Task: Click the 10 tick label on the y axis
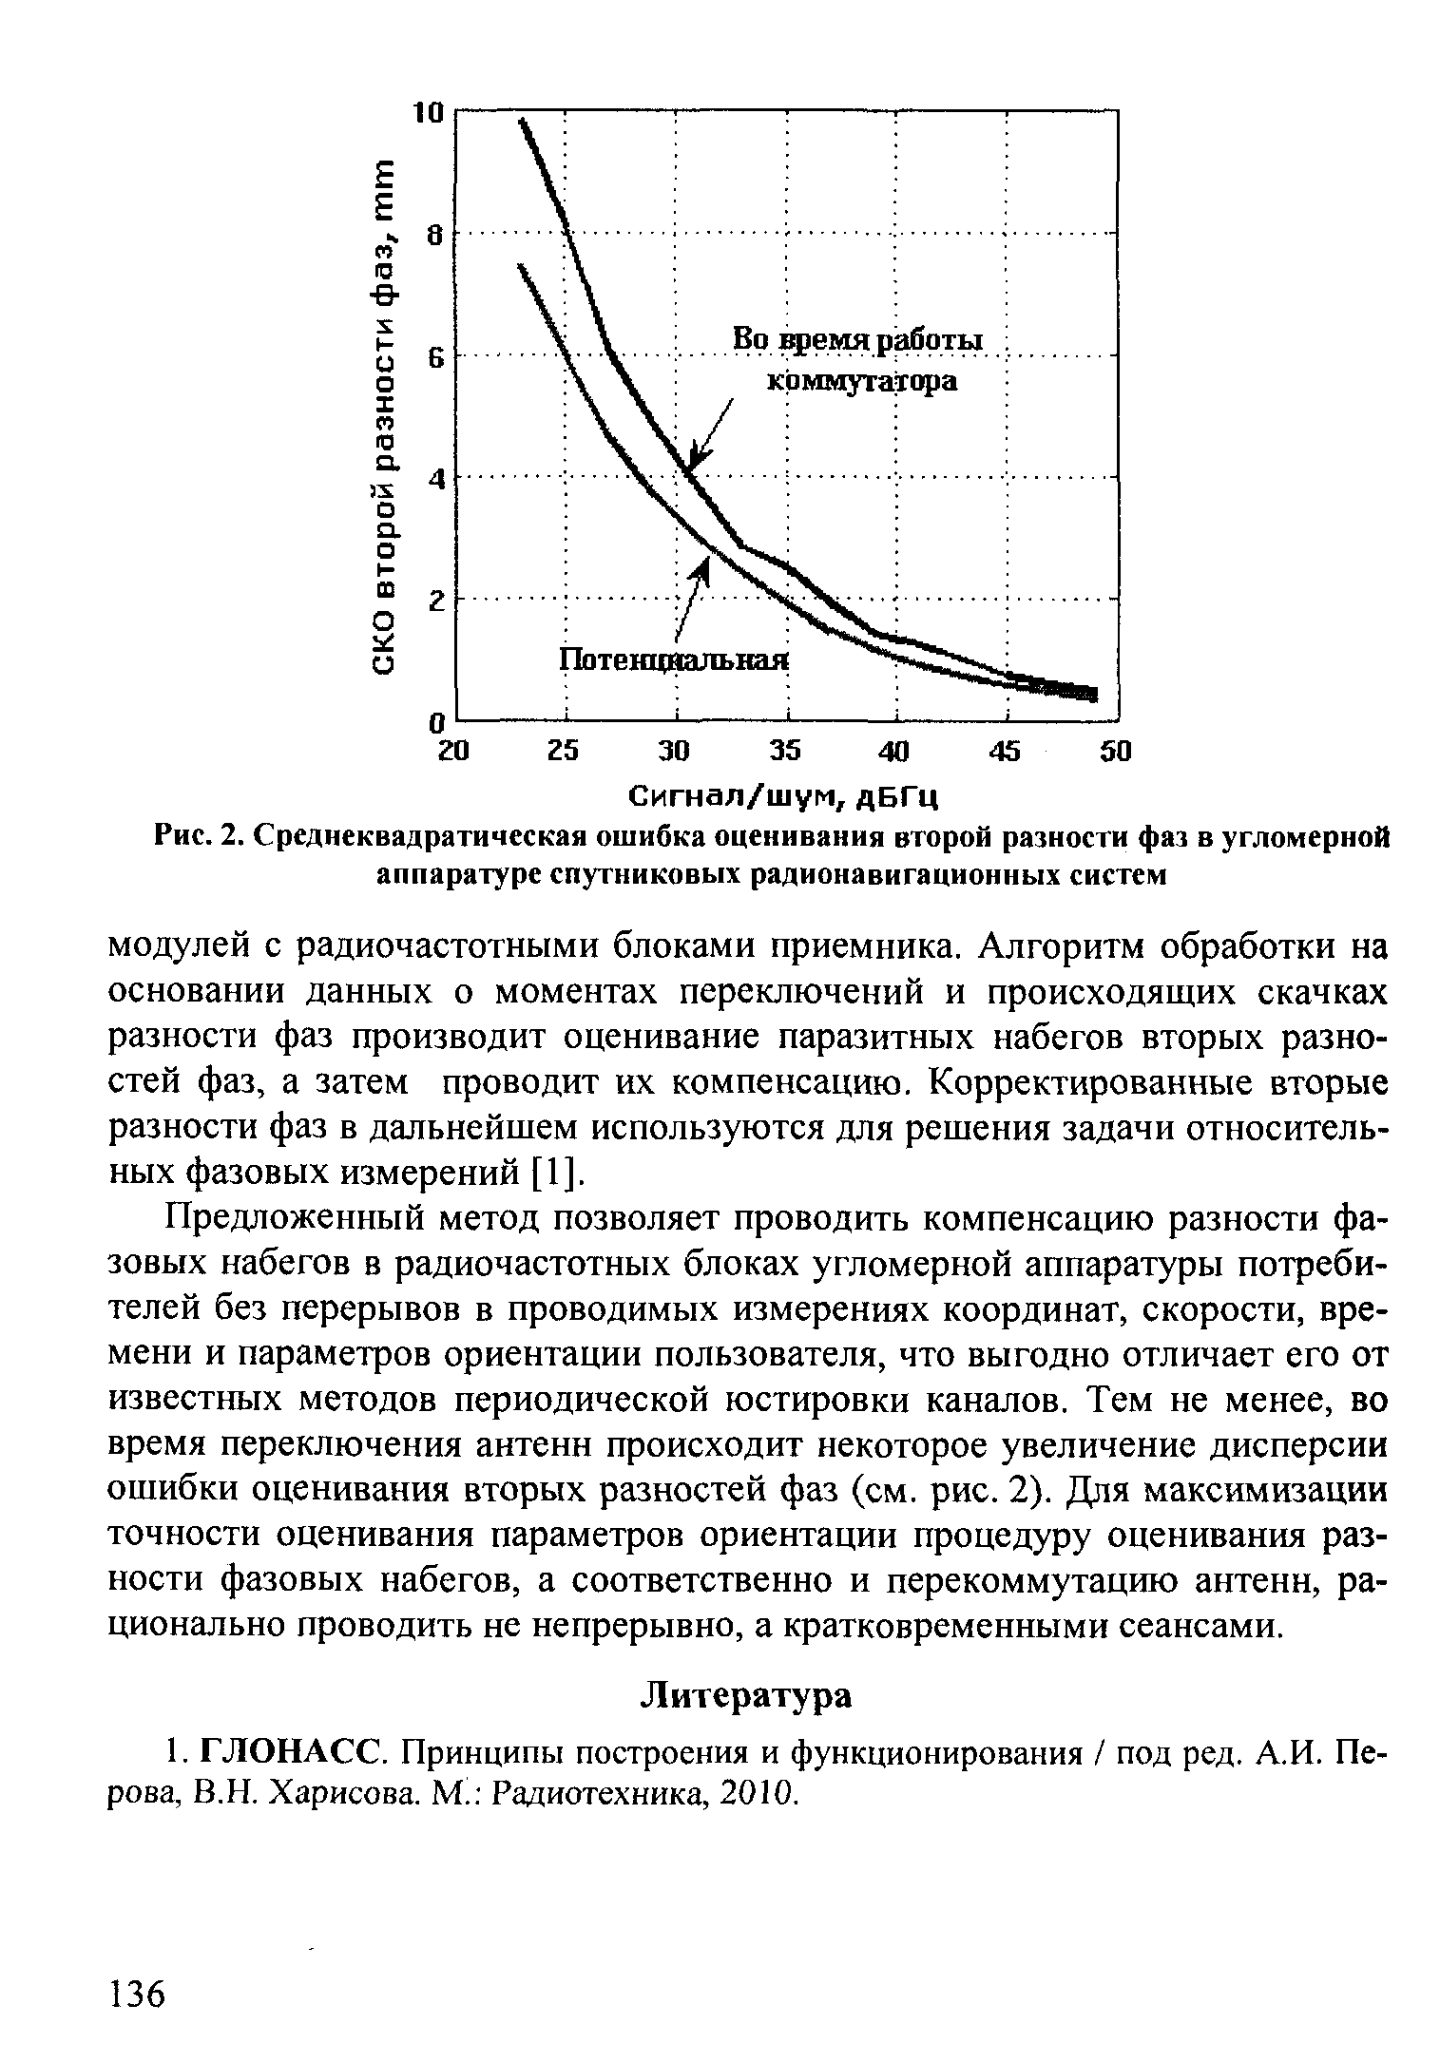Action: (430, 113)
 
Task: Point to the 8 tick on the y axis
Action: (435, 235)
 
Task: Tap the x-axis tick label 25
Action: (564, 752)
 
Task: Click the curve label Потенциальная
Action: (674, 659)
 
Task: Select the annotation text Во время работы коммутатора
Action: (861, 361)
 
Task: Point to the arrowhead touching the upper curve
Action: (697, 456)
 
